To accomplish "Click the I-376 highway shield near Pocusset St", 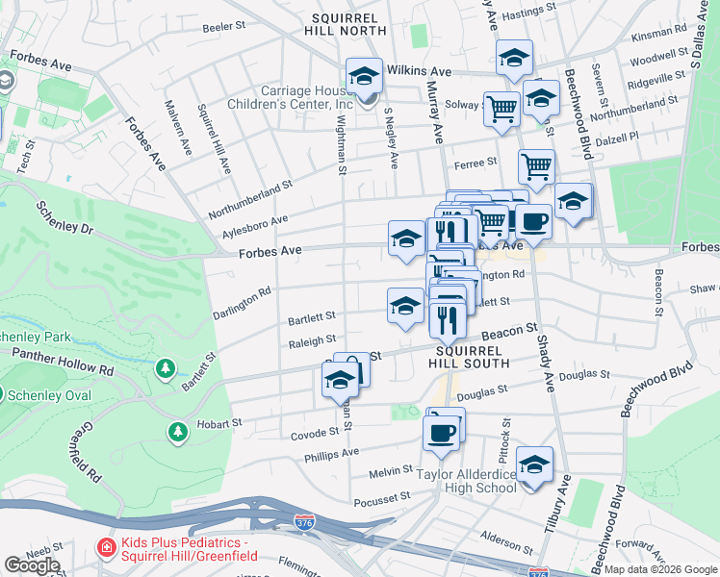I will tap(304, 522).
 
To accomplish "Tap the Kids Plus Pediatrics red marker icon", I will tap(106, 547).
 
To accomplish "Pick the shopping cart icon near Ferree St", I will tap(536, 167).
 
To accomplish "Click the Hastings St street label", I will tap(522, 14).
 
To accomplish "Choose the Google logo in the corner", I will tap(32, 565).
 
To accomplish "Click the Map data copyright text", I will tap(659, 569).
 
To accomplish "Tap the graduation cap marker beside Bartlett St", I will tap(405, 306).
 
